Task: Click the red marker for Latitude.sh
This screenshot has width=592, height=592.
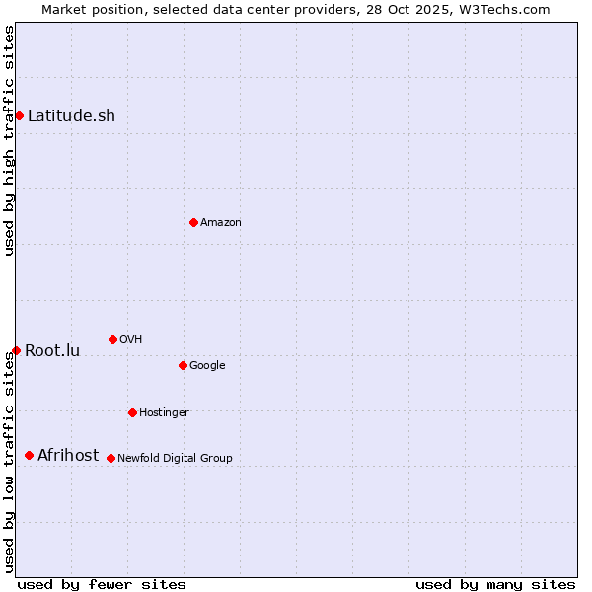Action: tap(19, 115)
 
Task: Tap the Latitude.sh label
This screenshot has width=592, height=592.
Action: tap(71, 115)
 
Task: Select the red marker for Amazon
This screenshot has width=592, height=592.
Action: tap(193, 222)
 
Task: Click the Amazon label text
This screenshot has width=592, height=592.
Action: tap(221, 222)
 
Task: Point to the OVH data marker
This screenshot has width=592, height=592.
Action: tap(112, 339)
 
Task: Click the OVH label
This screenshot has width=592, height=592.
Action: tap(131, 339)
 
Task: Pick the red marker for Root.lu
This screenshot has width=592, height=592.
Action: tap(16, 350)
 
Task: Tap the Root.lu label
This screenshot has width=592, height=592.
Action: tap(52, 350)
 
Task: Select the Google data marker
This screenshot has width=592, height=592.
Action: tap(183, 365)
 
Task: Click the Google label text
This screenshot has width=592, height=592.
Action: tap(207, 365)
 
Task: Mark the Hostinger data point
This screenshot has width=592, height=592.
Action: tap(132, 412)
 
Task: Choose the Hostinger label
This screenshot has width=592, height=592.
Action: tap(164, 412)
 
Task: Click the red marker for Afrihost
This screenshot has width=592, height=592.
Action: tap(29, 455)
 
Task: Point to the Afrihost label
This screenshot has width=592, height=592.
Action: tap(68, 455)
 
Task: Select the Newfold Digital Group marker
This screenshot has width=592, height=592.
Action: tap(111, 458)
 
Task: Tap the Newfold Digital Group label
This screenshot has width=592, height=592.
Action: tap(175, 458)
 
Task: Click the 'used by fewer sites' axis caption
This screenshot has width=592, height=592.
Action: tap(102, 584)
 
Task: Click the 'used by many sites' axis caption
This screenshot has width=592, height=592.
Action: tap(495, 584)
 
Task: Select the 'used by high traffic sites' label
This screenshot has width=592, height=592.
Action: tap(9, 140)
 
